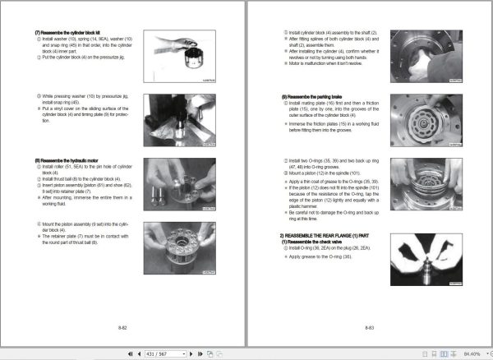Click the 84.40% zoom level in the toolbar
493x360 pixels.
pos(471,353)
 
